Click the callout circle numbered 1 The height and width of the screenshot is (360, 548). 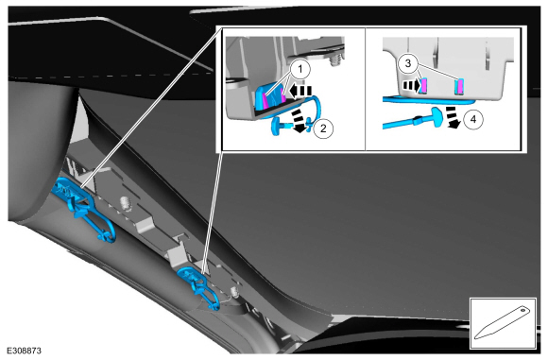coord(300,70)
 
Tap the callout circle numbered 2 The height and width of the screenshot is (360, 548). coord(323,129)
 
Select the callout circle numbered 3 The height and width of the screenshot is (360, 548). coord(408,63)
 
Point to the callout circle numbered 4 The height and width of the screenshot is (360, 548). coord(473,119)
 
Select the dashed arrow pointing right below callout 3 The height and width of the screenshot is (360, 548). coord(411,85)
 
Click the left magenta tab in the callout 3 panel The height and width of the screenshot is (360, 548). coord(424,86)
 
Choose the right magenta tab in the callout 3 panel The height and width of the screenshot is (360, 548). coord(460,86)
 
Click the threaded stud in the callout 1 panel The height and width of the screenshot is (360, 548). coord(335,60)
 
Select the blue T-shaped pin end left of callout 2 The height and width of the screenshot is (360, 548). coord(277,127)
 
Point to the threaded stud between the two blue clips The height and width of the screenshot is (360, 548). coord(125,204)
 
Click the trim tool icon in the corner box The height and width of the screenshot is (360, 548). coord(503,323)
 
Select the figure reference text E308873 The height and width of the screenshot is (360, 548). coord(25,351)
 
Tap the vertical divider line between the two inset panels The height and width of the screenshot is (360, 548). coord(365,89)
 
